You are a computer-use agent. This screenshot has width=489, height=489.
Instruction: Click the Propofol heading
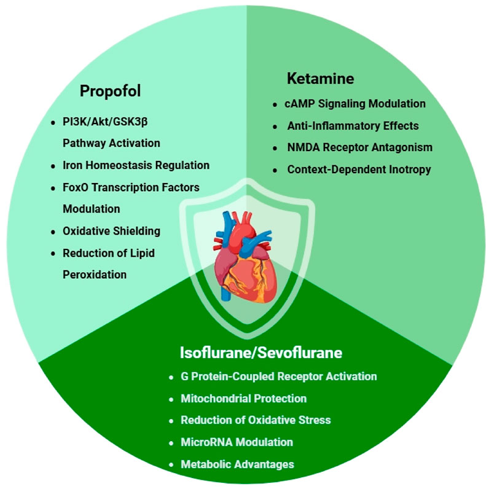(x=111, y=92)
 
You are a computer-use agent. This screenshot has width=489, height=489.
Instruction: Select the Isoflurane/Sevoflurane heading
(x=260, y=353)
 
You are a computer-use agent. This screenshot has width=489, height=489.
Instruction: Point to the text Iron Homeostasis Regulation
(x=136, y=165)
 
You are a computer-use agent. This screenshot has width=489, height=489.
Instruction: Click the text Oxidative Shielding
(x=111, y=231)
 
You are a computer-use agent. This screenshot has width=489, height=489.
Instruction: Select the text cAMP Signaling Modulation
(x=355, y=104)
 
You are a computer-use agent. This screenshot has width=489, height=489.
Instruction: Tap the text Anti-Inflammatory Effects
(x=353, y=126)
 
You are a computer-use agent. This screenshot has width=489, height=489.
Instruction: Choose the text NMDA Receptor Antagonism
(x=359, y=147)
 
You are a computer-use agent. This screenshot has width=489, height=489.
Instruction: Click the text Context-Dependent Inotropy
(x=359, y=169)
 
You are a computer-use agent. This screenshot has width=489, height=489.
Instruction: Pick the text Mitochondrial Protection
(x=243, y=399)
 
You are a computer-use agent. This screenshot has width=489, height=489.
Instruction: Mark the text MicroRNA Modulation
(x=237, y=442)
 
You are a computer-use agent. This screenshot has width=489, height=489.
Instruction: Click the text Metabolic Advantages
(x=237, y=464)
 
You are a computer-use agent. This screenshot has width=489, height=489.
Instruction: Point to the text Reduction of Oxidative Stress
(x=256, y=420)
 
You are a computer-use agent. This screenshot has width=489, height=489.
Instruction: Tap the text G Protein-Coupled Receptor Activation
(x=278, y=377)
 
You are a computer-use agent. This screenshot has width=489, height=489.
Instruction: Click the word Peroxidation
(x=95, y=275)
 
